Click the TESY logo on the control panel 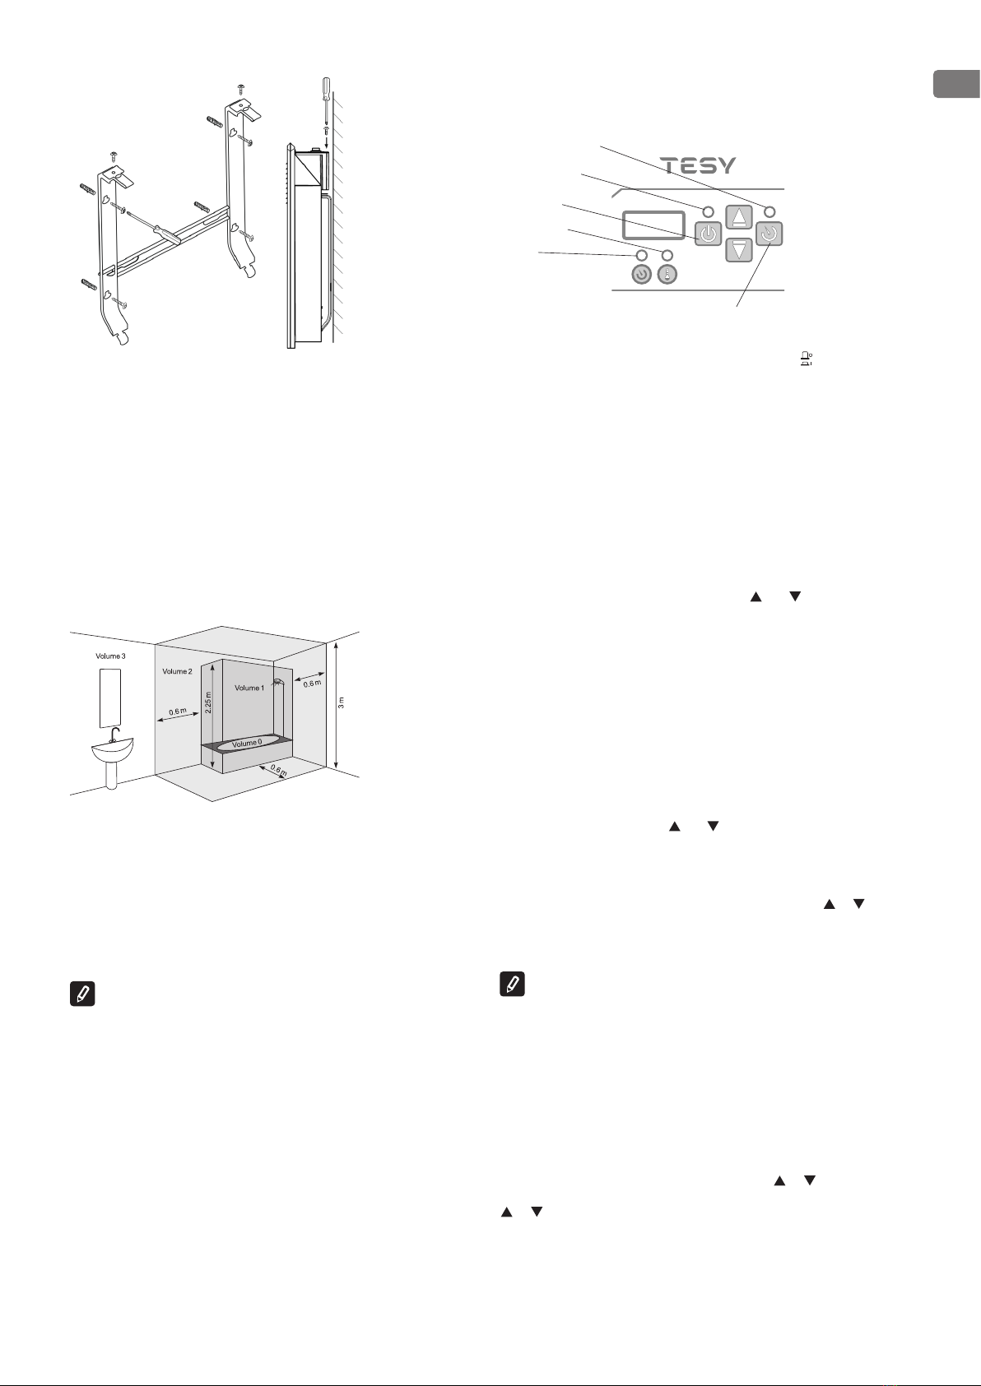(698, 165)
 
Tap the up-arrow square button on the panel (739, 217)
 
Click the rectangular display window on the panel (653, 225)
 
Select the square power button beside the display (708, 234)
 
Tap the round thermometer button (667, 274)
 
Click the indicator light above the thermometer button (667, 255)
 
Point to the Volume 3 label (110, 656)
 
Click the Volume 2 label (177, 671)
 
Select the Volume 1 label (249, 688)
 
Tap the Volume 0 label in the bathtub (247, 743)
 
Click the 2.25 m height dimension (208, 703)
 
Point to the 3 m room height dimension (341, 703)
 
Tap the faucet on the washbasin (114, 735)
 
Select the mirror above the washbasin (110, 698)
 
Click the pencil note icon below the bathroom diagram (82, 994)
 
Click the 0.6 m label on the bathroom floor (278, 771)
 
